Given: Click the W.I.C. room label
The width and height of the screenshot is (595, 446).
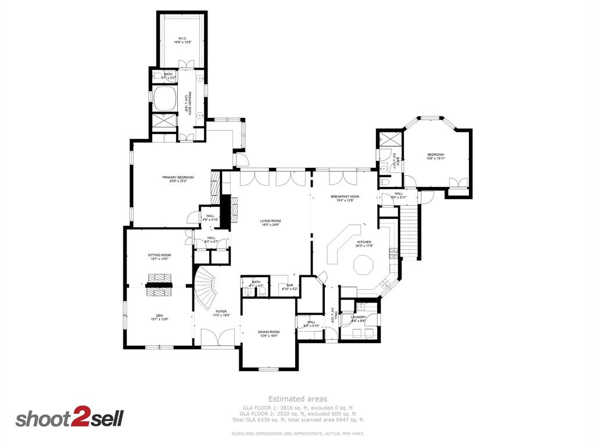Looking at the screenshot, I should [182, 39].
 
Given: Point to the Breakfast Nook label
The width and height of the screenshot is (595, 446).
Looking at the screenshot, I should [345, 197].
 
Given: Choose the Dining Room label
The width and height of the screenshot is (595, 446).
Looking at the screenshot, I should [268, 333].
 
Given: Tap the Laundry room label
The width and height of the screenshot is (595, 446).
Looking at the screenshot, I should [359, 318].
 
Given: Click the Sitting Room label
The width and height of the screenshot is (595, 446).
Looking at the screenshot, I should [159, 256].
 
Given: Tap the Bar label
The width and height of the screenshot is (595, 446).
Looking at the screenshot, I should [289, 286].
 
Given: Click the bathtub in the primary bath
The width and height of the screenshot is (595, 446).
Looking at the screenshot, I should [164, 99].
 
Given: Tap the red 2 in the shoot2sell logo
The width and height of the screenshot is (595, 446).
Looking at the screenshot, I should [79, 418].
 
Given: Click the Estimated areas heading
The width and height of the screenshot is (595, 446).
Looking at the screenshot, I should [297, 399].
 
